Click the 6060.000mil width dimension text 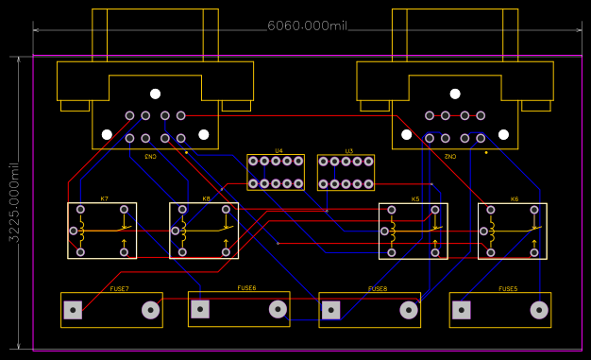[x=307, y=26]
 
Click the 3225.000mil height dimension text [x=14, y=202]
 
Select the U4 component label [x=279, y=151]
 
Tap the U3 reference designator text [x=348, y=151]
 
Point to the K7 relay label [x=104, y=199]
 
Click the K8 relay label [x=206, y=199]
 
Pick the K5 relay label [x=414, y=199]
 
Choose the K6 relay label [x=514, y=199]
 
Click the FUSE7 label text [x=119, y=288]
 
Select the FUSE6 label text [x=246, y=288]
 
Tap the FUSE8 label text [x=378, y=288]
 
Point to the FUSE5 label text [x=508, y=288]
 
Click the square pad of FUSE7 [x=72, y=309]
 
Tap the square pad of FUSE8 [x=330, y=309]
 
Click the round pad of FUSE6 [x=278, y=308]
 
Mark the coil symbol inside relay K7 [x=82, y=229]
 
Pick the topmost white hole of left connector [x=155, y=94]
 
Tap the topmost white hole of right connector [x=454, y=94]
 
